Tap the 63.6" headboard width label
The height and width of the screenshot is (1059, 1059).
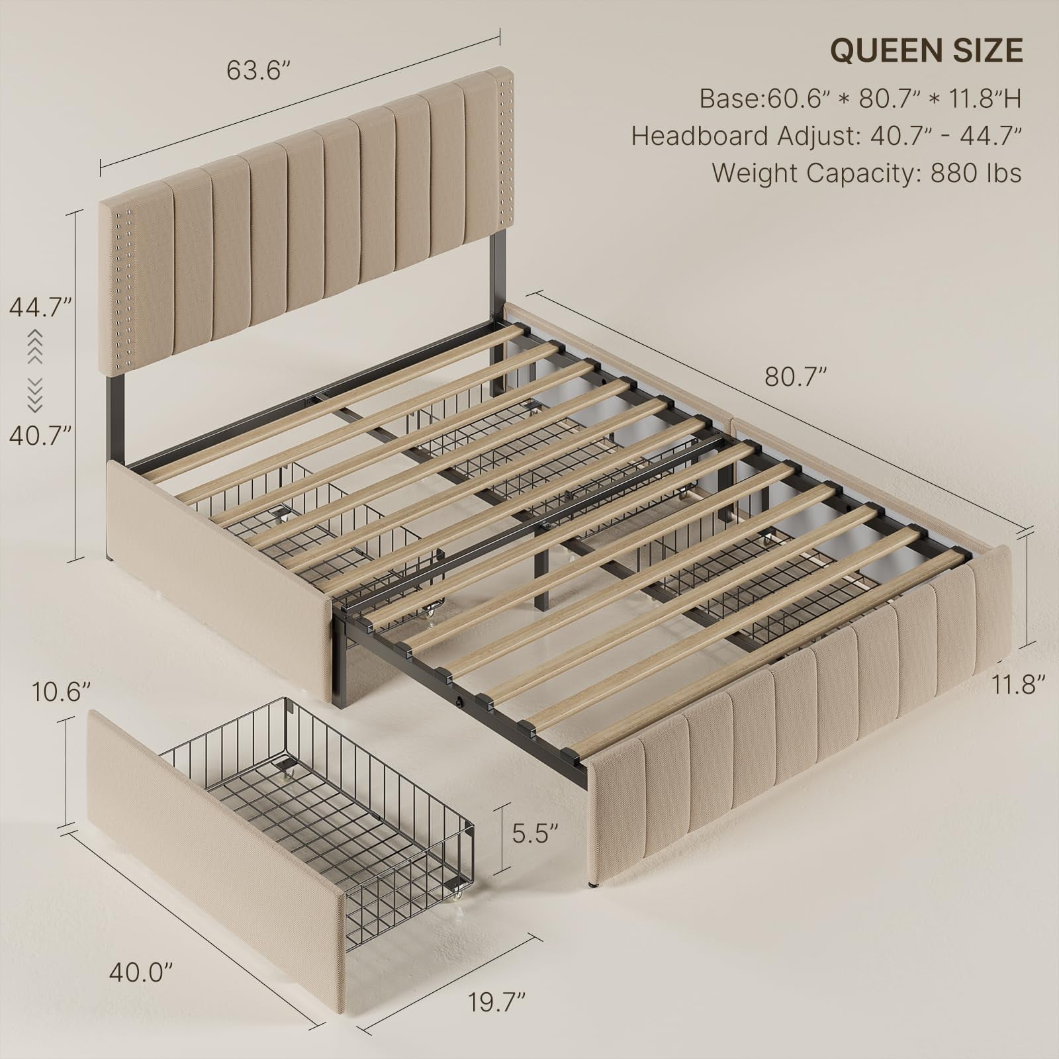tap(259, 69)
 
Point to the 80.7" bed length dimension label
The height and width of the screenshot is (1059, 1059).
tap(796, 377)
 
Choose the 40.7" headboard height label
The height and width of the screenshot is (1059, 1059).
tap(40, 436)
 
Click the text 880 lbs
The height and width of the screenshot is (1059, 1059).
tap(976, 173)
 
